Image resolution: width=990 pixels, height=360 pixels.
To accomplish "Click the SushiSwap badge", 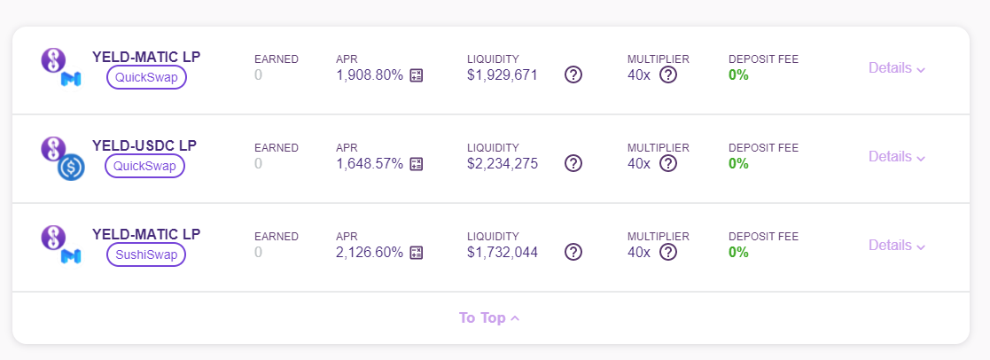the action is (x=146, y=254).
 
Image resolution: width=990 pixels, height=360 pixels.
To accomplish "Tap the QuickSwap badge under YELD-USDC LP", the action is (x=145, y=166).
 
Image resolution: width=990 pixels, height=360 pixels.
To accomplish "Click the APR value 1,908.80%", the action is (x=370, y=75).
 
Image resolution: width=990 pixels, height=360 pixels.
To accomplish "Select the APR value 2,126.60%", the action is (x=370, y=252).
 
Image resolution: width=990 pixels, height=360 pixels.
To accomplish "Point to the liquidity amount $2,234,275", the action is (x=503, y=163).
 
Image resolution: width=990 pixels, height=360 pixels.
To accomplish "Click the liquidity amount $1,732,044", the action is (x=503, y=252).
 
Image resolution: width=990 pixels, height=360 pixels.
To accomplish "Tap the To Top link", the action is (x=489, y=317).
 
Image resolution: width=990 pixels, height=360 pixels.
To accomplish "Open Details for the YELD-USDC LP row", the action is (x=897, y=156).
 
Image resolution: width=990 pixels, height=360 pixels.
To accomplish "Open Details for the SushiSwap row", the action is (x=897, y=245).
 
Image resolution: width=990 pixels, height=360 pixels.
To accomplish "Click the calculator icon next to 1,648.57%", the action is (x=416, y=164).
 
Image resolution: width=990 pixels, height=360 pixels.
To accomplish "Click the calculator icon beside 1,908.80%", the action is (x=416, y=75).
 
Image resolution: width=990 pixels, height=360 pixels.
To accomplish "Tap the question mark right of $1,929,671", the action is (x=573, y=75).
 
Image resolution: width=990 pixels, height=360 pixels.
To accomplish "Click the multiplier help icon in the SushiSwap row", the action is (x=668, y=252).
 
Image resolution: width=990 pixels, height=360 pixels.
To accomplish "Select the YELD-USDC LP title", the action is (x=144, y=146).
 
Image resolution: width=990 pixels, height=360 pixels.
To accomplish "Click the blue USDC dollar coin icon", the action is (x=71, y=168).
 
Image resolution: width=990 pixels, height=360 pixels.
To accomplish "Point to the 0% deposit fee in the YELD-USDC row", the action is (x=738, y=163).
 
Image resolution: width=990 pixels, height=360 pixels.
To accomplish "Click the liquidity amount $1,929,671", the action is (x=503, y=75).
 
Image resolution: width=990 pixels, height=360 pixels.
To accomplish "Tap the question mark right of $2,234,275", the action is (x=573, y=163).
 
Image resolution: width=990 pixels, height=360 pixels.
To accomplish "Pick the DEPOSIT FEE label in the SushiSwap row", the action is (x=763, y=237).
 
